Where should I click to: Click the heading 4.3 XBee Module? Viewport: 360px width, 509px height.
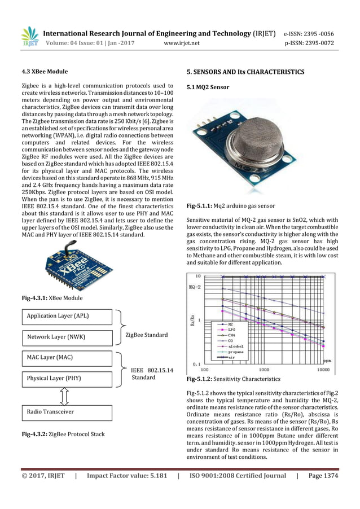(x=44, y=72)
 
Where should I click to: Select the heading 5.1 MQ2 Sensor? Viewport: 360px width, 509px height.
(x=208, y=87)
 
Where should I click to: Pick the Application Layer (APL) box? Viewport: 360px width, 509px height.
(x=66, y=317)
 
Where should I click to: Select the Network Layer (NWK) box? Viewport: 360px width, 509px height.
(x=66, y=337)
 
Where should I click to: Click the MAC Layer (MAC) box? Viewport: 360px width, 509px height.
(x=66, y=357)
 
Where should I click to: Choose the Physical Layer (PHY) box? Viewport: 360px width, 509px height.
(x=66, y=378)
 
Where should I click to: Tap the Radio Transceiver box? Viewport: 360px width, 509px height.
(x=66, y=413)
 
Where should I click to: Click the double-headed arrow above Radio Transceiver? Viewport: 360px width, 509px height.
(x=64, y=395)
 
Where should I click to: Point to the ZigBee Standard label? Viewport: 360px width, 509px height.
(x=147, y=335)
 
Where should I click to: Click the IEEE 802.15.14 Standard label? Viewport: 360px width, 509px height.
(x=151, y=374)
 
